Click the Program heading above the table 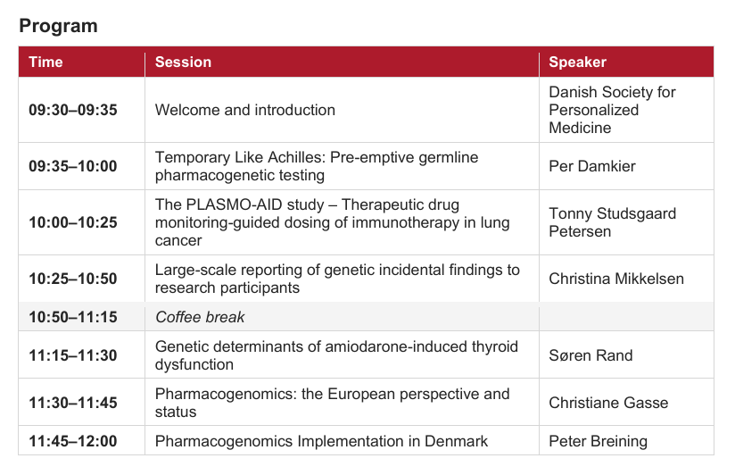58,26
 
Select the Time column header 45,62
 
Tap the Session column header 183,62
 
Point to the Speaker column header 577,62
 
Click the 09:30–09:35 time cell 73,110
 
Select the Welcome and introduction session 245,110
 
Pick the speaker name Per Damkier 592,166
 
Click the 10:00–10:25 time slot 73,222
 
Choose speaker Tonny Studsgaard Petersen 612,222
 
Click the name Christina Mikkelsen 616,279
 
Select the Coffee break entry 200,317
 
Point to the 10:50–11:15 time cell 73,317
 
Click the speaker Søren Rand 590,355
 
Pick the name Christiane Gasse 608,403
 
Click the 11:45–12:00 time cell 73,441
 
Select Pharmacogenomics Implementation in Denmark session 321,441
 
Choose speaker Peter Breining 599,441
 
